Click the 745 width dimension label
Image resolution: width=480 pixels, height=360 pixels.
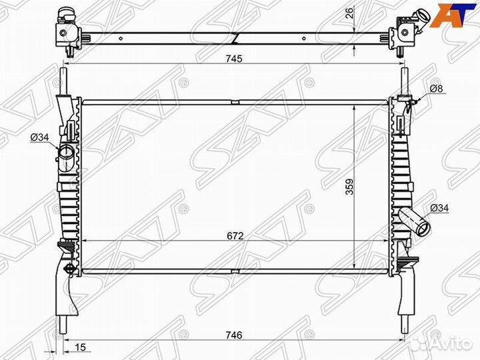click(234, 58)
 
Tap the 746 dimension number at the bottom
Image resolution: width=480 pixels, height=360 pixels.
click(234, 335)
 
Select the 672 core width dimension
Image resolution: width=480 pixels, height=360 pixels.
click(235, 236)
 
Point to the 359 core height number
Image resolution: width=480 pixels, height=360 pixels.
click(349, 187)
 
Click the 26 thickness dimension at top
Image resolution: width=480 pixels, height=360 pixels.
click(349, 13)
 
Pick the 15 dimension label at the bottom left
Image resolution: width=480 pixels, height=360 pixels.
click(80, 347)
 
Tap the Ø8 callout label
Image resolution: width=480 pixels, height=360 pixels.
click(436, 89)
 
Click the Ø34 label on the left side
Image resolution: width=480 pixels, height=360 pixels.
click(40, 137)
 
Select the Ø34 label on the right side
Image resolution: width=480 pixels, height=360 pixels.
click(439, 208)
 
